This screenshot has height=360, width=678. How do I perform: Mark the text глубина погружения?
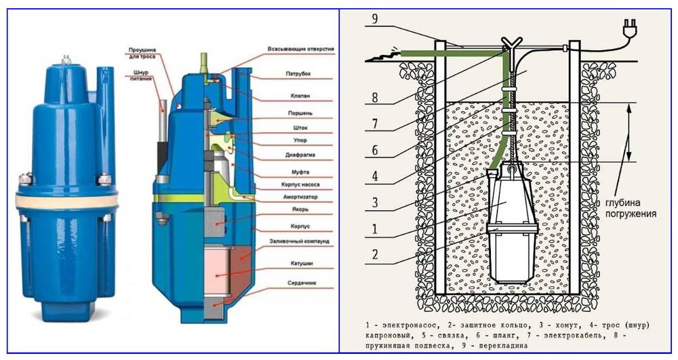(631, 207)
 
